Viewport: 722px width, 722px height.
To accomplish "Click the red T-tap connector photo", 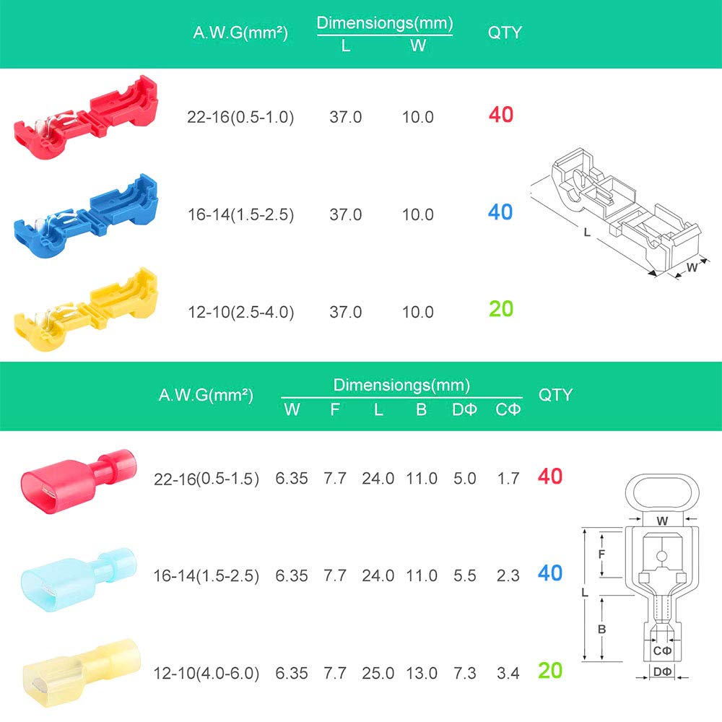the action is click(86, 118).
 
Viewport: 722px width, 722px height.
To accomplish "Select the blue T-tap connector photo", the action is click(86, 215).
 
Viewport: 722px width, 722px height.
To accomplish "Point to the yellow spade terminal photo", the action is click(82, 672).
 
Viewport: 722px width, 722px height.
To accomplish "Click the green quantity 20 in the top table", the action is click(501, 309).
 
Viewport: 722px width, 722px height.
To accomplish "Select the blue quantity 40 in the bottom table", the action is click(550, 573).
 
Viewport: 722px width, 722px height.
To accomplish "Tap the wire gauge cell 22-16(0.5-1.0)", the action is click(240, 118).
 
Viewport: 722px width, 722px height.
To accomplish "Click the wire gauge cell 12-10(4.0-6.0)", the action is click(206, 673).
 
